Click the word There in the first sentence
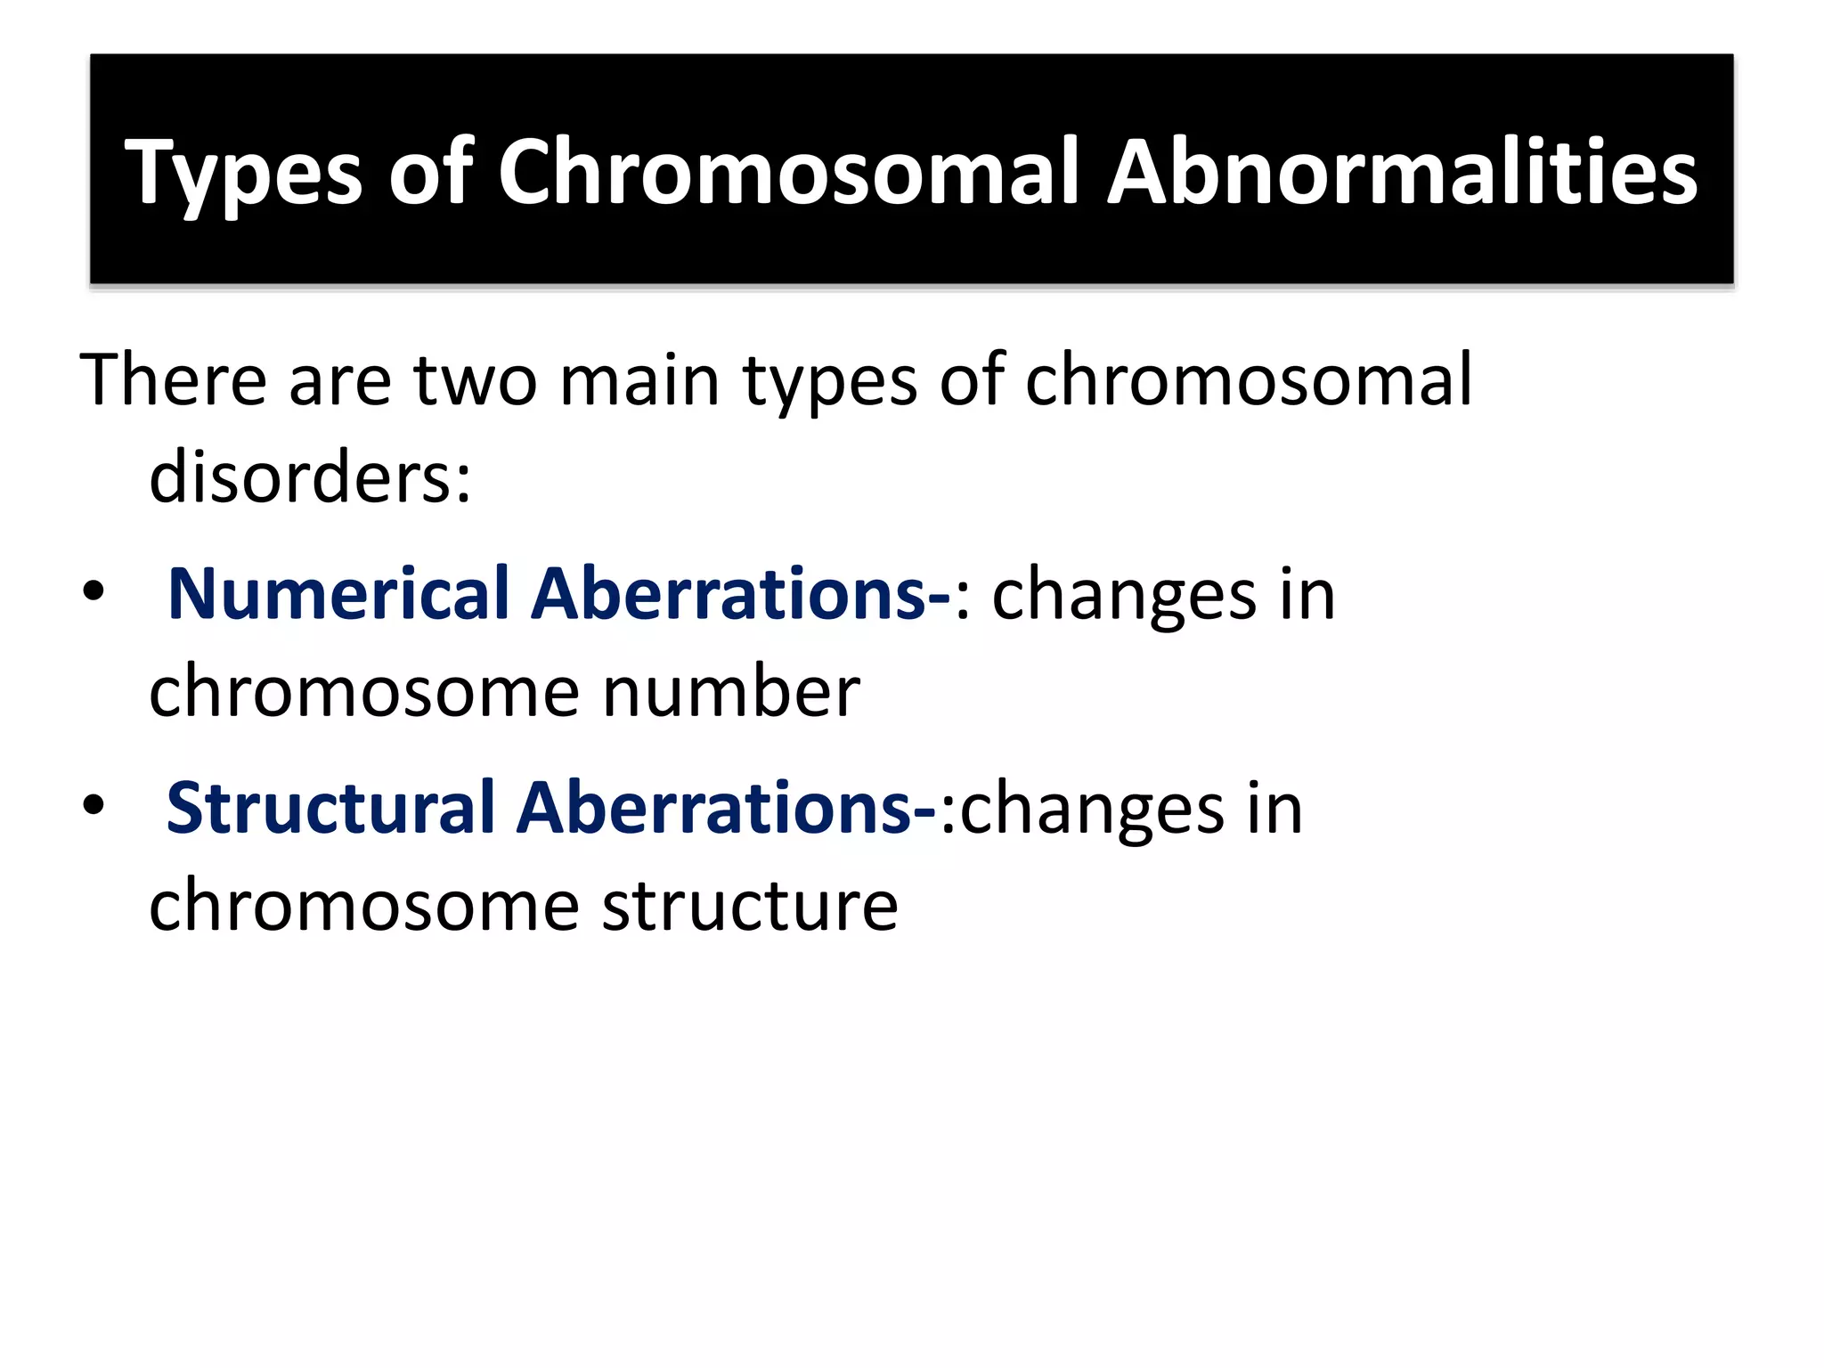[174, 380]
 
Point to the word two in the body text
[476, 380]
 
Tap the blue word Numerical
[338, 594]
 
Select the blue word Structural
[330, 808]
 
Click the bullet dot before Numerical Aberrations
[94, 592]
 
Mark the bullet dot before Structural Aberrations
[94, 806]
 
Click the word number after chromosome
[731, 692]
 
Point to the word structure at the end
[750, 906]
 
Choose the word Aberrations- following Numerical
[741, 594]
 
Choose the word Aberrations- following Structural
[727, 808]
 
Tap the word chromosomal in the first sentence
[1249, 380]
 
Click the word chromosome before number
[364, 692]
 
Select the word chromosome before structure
[364, 906]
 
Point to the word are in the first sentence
[340, 380]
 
